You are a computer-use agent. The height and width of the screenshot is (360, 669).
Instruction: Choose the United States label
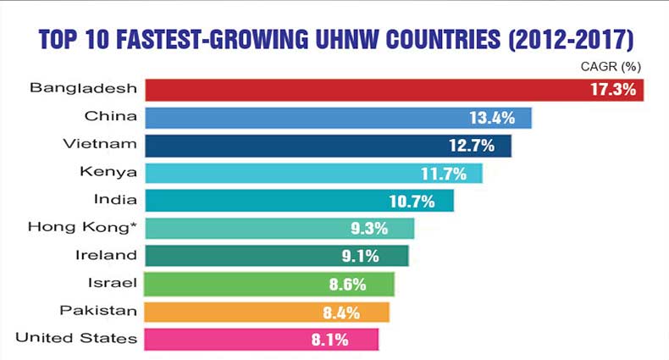coord(77,339)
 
